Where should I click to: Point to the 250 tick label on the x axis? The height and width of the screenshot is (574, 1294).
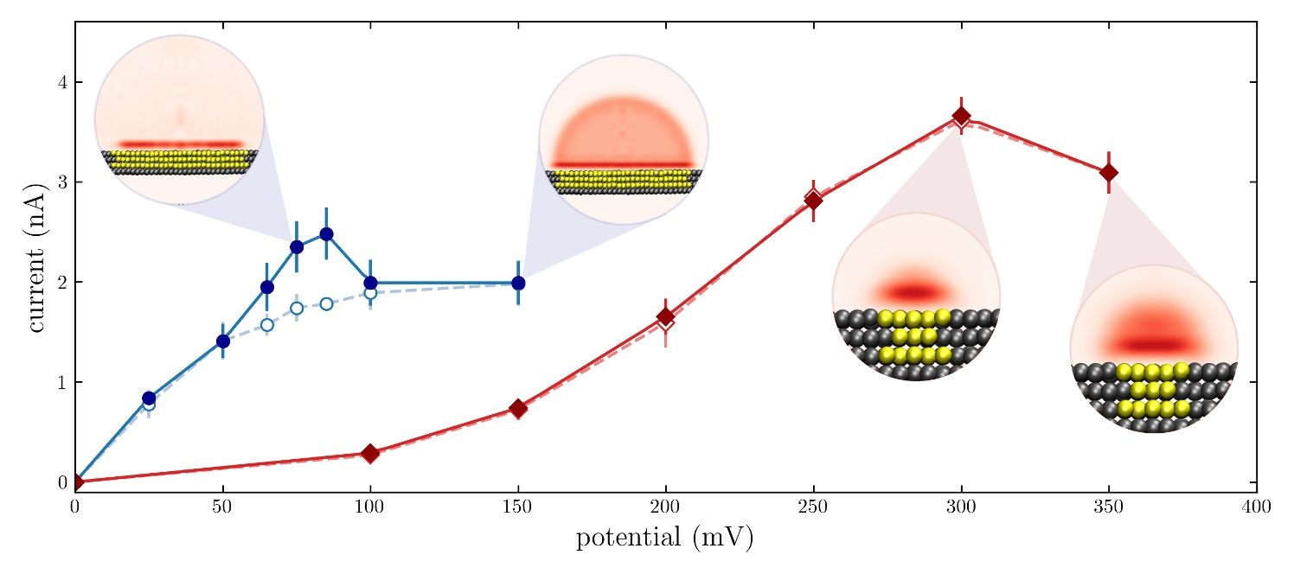(x=813, y=505)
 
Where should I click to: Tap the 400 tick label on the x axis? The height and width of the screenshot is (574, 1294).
(x=1256, y=505)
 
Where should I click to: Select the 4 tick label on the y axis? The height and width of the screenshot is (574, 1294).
(x=63, y=82)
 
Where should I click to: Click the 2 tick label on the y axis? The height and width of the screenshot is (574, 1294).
(x=63, y=283)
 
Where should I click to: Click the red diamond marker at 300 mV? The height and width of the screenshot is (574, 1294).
(x=961, y=117)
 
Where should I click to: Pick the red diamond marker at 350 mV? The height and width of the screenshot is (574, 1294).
(x=1108, y=173)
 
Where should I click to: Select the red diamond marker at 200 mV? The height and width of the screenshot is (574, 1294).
(x=665, y=317)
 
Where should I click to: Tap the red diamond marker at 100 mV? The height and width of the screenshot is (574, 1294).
(x=370, y=453)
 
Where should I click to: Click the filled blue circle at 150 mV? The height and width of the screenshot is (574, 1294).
(x=518, y=283)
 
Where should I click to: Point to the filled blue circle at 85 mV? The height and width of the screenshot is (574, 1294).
(x=326, y=234)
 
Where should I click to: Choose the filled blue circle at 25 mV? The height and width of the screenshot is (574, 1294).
(x=149, y=398)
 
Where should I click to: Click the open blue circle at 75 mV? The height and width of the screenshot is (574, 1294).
(x=297, y=308)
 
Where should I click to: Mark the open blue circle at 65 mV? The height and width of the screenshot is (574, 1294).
(x=267, y=325)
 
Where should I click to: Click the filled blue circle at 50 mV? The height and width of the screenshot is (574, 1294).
(x=223, y=341)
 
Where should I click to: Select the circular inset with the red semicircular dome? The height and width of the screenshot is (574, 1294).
(x=624, y=139)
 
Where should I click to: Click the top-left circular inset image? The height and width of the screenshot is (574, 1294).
(x=179, y=119)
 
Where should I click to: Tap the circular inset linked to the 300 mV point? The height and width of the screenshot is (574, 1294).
(x=916, y=296)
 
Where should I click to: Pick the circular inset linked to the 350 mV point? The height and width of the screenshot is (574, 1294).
(x=1154, y=348)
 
